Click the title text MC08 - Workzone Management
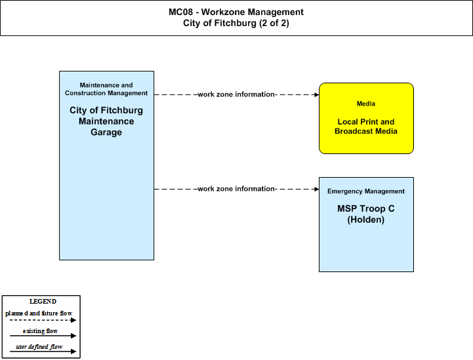tap(236, 12)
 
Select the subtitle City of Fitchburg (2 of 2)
tap(236, 23)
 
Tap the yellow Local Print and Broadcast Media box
tap(366, 118)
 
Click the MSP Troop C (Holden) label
tap(366, 214)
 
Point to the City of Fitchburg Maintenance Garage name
tap(106, 121)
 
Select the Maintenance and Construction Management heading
tap(106, 89)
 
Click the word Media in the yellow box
tap(366, 104)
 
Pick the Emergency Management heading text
tap(366, 191)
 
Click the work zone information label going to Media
tap(236, 94)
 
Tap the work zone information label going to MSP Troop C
tap(236, 189)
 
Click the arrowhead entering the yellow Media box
tap(317, 94)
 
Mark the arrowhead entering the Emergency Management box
tap(317, 189)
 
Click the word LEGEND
tap(43, 302)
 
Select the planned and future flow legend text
tap(39, 313)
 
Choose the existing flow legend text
tap(40, 331)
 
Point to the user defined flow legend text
tap(39, 347)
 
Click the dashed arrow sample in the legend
tap(43, 320)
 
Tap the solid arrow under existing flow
tap(43, 336)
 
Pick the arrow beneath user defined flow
tap(43, 351)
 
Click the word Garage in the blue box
tap(106, 132)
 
